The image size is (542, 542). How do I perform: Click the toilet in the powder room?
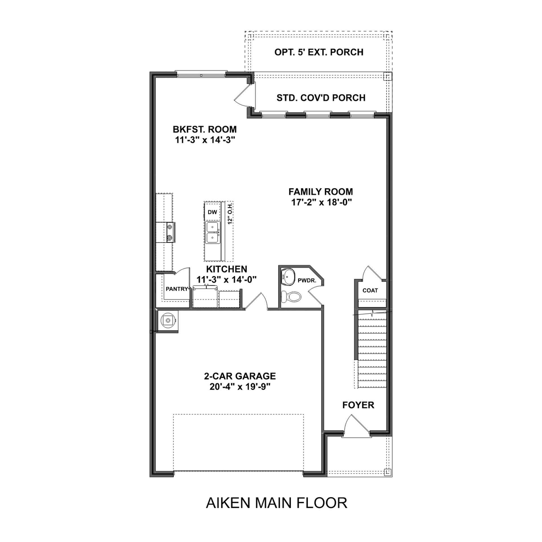click(x=292, y=296)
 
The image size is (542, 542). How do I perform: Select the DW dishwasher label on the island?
click(x=212, y=212)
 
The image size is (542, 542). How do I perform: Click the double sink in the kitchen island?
click(x=213, y=233)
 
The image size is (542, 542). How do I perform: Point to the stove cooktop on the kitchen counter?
click(x=170, y=232)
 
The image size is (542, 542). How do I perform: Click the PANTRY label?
click(x=177, y=289)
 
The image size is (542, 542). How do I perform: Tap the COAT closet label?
click(x=370, y=290)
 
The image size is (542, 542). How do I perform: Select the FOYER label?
click(x=358, y=405)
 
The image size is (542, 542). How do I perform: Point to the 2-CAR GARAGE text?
click(x=240, y=376)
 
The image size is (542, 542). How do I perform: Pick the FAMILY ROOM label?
click(x=321, y=192)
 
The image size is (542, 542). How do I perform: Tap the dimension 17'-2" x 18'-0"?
click(x=321, y=202)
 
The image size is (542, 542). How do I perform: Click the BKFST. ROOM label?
click(x=205, y=129)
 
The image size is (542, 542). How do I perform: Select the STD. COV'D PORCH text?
click(x=321, y=98)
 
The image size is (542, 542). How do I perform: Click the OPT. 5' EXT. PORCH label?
click(x=319, y=52)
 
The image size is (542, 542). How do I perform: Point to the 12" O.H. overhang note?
click(x=230, y=213)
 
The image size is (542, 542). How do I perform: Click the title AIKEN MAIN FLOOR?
click(x=276, y=503)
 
